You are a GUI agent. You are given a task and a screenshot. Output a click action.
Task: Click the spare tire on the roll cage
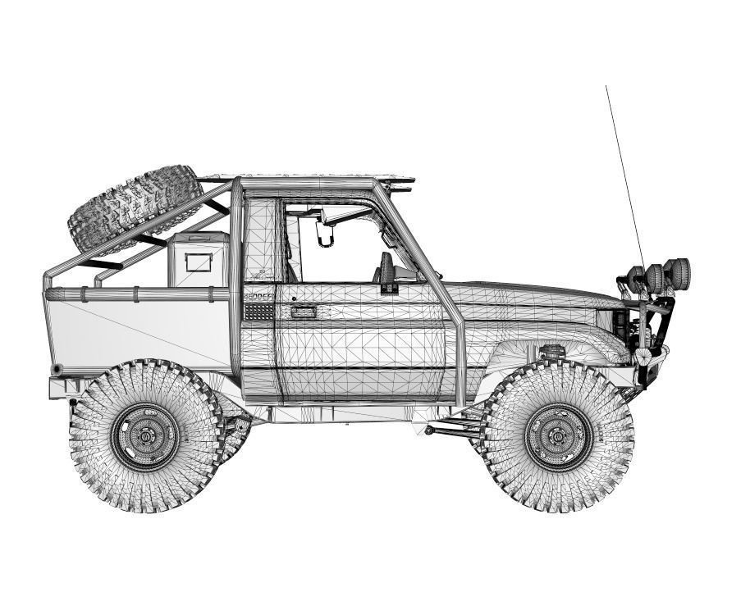[135, 208]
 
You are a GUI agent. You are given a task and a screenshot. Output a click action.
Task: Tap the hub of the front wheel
[559, 436]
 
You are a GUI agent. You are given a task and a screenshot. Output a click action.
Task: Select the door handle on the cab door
[304, 312]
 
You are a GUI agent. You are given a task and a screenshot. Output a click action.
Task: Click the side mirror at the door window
[385, 271]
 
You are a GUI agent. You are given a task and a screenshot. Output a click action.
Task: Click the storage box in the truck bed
[199, 259]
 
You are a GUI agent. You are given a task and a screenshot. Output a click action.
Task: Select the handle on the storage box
[198, 263]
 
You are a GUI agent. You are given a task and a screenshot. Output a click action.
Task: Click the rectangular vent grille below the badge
[258, 312]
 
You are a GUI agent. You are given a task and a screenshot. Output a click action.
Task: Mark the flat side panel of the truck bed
[139, 332]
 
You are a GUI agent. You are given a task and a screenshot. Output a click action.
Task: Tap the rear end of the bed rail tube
[48, 293]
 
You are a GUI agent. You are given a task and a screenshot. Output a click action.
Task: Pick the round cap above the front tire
[552, 352]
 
